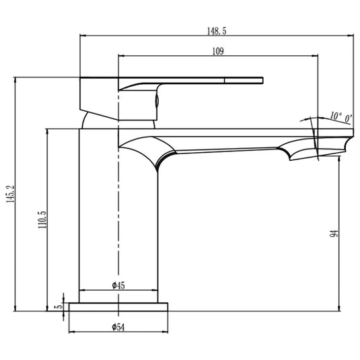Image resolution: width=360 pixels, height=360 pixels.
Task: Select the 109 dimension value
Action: (x=217, y=51)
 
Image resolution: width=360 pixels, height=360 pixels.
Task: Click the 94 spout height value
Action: (x=334, y=233)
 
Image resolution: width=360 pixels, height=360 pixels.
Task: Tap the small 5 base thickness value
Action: (x=59, y=306)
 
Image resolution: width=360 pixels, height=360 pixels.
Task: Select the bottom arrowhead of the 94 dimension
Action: (x=339, y=308)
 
